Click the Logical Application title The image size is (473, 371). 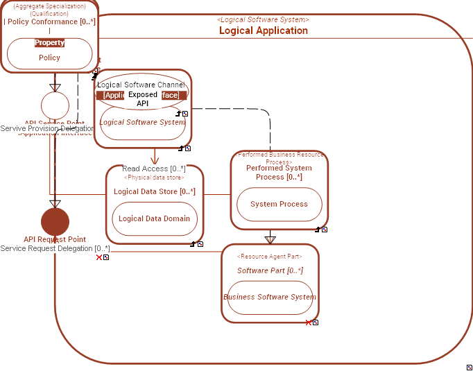coord(264,31)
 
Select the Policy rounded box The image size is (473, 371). coord(49,58)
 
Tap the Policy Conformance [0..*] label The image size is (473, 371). coord(50,21)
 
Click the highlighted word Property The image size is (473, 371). coord(49,43)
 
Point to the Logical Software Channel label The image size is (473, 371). coord(141,85)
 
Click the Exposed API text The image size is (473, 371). coord(142,98)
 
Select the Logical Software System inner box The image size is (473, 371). coord(142,123)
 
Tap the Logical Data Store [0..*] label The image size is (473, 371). coord(154,191)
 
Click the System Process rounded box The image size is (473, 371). coord(279,204)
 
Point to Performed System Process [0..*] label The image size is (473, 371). coord(279,172)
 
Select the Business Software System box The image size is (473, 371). coord(270,297)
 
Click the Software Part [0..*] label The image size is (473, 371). coord(270,270)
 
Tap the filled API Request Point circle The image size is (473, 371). coord(55,222)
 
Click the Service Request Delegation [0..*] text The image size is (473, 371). coord(55,248)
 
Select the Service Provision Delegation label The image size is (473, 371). coord(47,129)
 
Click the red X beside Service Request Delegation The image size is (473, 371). coord(99,257)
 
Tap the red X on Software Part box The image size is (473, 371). coord(309,322)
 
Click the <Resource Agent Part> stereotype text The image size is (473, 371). coord(270,257)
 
